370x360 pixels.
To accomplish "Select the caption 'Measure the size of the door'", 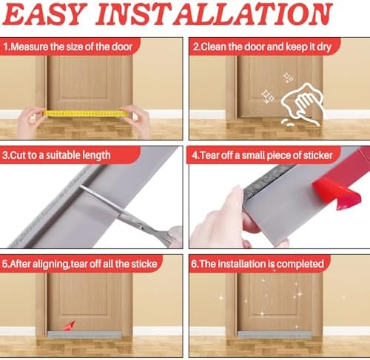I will pyautogui.click(x=68, y=47).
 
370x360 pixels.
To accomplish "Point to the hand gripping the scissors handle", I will pyautogui.click(x=172, y=235).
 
